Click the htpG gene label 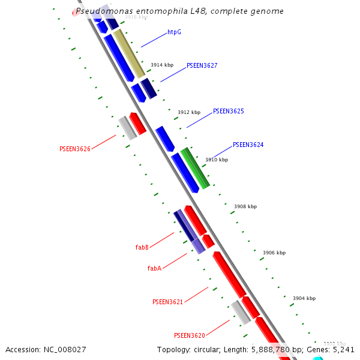[x=174, y=32]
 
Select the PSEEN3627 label [x=202, y=65]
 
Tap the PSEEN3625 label [x=228, y=112]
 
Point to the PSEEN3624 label [x=248, y=145]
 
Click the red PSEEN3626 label [x=75, y=149]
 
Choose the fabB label [x=142, y=247]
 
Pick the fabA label [x=154, y=268]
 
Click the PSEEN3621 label [x=167, y=302]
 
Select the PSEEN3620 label [x=189, y=335]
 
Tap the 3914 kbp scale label [x=161, y=65]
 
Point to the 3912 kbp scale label [x=188, y=112]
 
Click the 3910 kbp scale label [x=217, y=160]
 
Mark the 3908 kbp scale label [x=245, y=206]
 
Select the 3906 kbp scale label [x=274, y=253]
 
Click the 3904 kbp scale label [x=304, y=298]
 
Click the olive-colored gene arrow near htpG [x=129, y=53]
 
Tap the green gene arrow [x=196, y=167]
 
